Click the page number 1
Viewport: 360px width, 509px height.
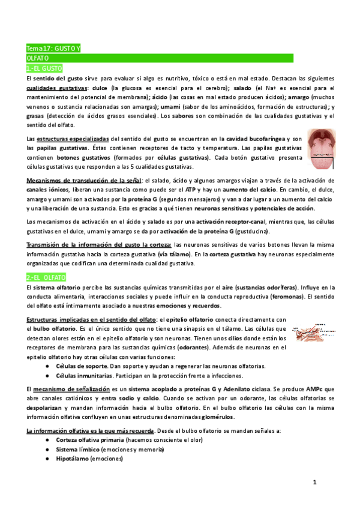click(314, 482)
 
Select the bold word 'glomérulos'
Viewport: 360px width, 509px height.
click(217, 417)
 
